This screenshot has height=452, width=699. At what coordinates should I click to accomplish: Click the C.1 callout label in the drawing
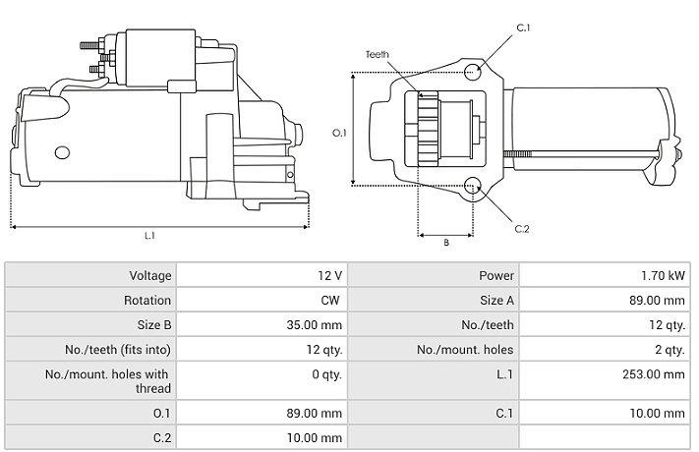(x=523, y=28)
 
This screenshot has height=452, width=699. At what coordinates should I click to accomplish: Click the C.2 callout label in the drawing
(x=522, y=229)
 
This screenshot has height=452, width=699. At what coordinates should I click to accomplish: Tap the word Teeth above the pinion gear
(x=378, y=54)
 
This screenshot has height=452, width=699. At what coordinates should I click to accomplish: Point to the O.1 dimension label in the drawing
(x=339, y=133)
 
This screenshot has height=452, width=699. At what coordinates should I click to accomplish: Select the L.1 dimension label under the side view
(x=149, y=236)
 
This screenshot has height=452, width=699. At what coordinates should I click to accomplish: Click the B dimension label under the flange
(x=445, y=243)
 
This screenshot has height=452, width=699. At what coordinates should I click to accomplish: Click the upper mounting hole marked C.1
(x=473, y=72)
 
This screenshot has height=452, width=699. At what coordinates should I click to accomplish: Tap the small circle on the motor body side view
(x=62, y=153)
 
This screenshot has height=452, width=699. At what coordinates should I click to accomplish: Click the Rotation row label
(x=147, y=301)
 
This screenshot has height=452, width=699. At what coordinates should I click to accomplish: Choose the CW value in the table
(x=330, y=301)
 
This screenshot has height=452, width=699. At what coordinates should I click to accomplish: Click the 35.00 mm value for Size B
(x=315, y=325)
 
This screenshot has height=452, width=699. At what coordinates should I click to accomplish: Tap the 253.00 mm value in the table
(x=654, y=374)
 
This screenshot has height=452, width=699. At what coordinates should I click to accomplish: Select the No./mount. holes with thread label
(x=108, y=381)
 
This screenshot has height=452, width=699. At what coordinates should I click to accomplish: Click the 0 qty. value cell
(x=326, y=374)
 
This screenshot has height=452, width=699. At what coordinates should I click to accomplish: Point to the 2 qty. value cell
(x=670, y=350)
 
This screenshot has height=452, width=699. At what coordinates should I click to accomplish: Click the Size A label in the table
(x=497, y=301)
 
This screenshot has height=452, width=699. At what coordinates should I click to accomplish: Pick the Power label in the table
(x=496, y=276)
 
